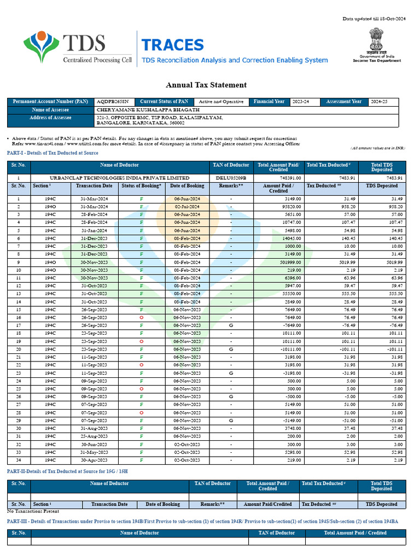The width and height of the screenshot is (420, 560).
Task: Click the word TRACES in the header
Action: click(x=172, y=45)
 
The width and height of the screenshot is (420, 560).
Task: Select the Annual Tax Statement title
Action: click(x=206, y=85)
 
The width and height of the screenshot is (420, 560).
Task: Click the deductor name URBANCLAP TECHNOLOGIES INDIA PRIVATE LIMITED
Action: click(x=119, y=178)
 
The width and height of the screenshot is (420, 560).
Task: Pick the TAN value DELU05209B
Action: click(x=231, y=178)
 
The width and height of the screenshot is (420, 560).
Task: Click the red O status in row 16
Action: click(x=142, y=317)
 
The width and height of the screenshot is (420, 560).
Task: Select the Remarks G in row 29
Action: click(x=231, y=421)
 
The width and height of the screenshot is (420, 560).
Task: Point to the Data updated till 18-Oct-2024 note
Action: click(x=374, y=19)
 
